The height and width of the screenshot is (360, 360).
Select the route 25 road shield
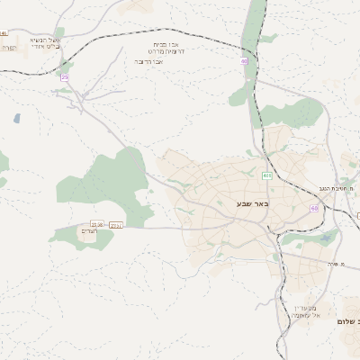coord(65,78)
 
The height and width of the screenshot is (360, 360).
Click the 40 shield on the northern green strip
coord(244,61)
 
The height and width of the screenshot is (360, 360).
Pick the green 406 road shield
coord(267,175)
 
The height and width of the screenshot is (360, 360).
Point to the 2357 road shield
coord(115,224)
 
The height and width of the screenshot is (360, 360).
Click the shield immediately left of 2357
coord(97,224)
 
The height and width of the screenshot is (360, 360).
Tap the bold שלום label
coord(346,322)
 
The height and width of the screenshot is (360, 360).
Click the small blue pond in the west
coord(16,118)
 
